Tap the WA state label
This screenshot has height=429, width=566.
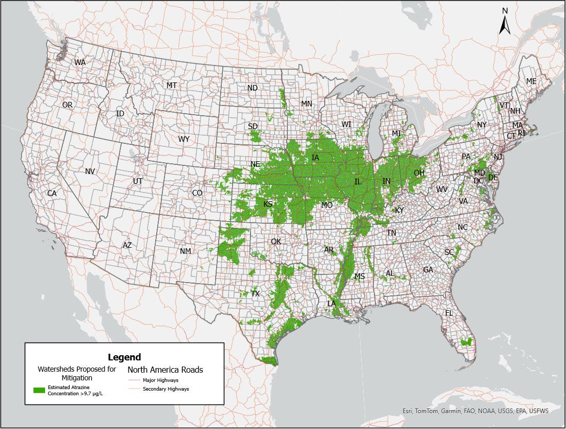click(80, 62)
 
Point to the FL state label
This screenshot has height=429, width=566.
click(449, 313)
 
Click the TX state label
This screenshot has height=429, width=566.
click(255, 294)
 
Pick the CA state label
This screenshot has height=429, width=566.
click(52, 194)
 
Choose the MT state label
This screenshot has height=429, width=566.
click(172, 85)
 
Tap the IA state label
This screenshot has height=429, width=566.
click(316, 158)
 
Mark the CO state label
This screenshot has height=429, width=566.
click(197, 193)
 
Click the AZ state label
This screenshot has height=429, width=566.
click(127, 245)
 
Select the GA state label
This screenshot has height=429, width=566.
click(428, 270)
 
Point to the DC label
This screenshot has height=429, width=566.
click(478, 181)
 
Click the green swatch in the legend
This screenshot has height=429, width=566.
click(39, 390)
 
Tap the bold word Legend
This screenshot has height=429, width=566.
click(124, 357)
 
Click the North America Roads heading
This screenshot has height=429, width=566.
click(165, 369)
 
